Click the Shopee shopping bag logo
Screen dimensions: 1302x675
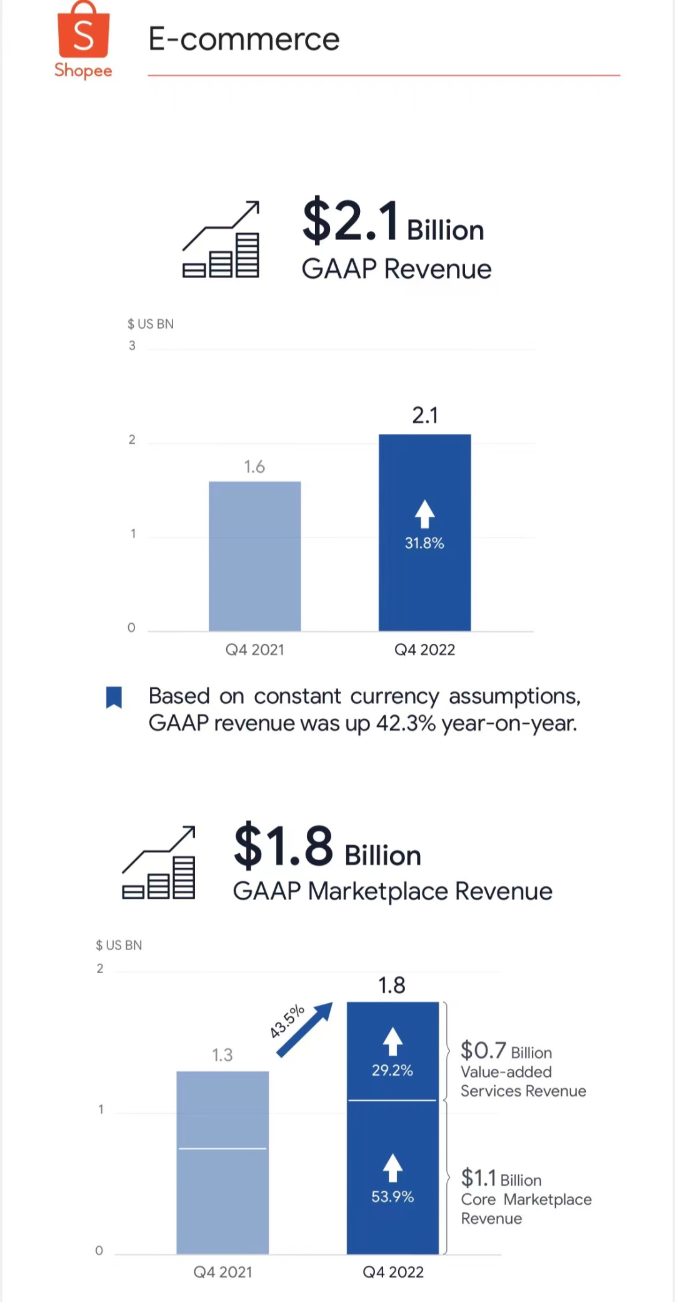pos(83,31)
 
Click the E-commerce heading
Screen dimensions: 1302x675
pos(244,39)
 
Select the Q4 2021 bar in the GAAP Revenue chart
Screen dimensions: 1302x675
pos(254,556)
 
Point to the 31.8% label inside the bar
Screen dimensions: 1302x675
pos(424,543)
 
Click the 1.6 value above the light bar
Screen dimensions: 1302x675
pos(254,467)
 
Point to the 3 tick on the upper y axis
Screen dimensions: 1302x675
pos(132,346)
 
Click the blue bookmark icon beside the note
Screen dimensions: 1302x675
pos(114,698)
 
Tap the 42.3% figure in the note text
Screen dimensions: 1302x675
pos(406,723)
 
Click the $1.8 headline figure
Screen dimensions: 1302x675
pos(284,846)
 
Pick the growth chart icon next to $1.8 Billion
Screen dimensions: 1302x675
pos(159,863)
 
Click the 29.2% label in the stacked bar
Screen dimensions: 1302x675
pos(392,1071)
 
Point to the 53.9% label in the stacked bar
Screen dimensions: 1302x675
pos(392,1197)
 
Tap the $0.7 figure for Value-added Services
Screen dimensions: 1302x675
pos(483,1051)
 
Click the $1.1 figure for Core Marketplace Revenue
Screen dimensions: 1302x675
pos(478,1178)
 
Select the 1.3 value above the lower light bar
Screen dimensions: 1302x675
pos(222,1055)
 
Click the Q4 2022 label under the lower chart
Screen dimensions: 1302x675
pos(393,1272)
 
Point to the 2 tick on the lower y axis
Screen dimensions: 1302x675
pos(100,969)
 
